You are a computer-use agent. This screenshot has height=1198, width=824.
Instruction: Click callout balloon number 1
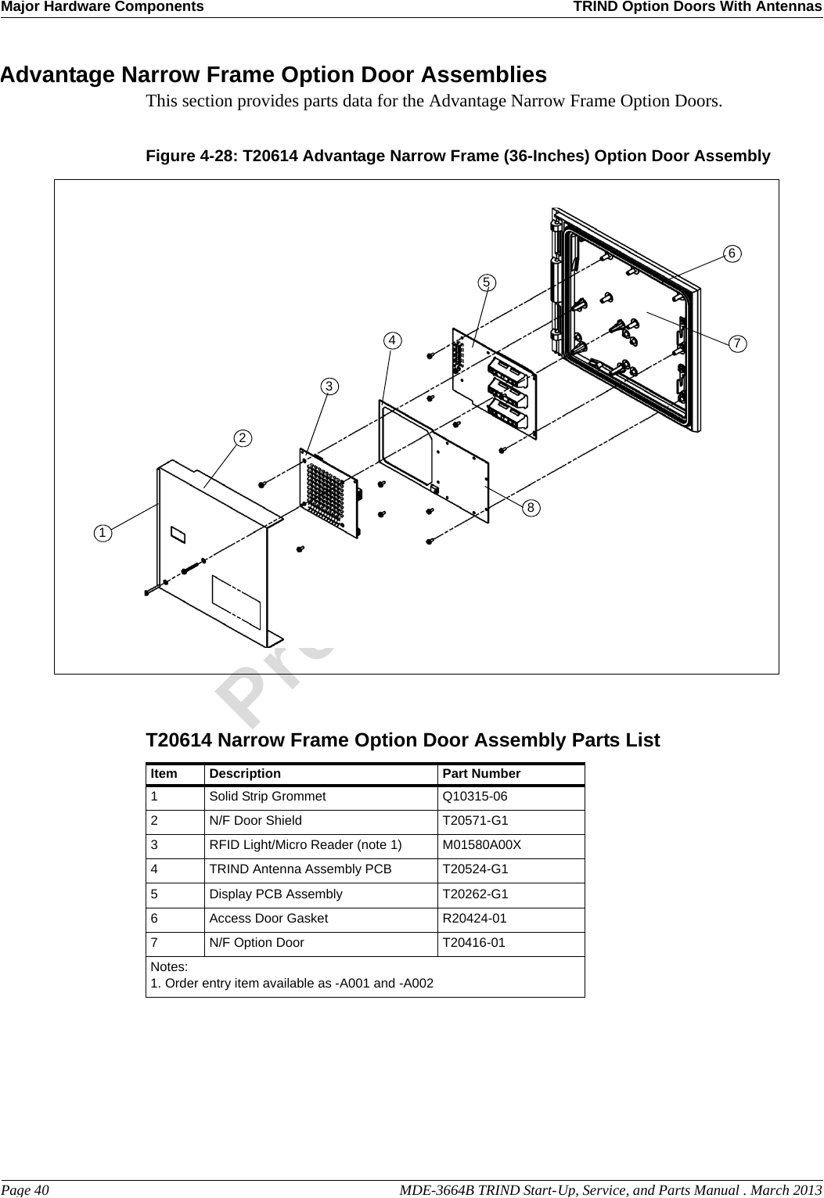[x=102, y=533]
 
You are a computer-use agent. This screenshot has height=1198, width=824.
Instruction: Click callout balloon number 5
[x=488, y=281]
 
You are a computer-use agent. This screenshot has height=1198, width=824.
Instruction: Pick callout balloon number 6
[x=732, y=254]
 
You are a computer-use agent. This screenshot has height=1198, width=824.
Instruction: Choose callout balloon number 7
[x=736, y=344]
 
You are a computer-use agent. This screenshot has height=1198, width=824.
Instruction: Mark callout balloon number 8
[x=531, y=508]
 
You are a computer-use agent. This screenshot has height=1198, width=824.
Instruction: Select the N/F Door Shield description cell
[x=255, y=821]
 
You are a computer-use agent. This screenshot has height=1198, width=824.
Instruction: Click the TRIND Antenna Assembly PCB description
[x=300, y=869]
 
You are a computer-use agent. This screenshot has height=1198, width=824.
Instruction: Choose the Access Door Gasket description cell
[x=268, y=918]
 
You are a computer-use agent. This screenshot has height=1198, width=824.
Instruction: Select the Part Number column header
[x=481, y=774]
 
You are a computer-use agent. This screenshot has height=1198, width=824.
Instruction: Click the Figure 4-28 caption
[x=458, y=156]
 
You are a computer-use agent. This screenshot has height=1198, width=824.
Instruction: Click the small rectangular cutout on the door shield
[x=178, y=534]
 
